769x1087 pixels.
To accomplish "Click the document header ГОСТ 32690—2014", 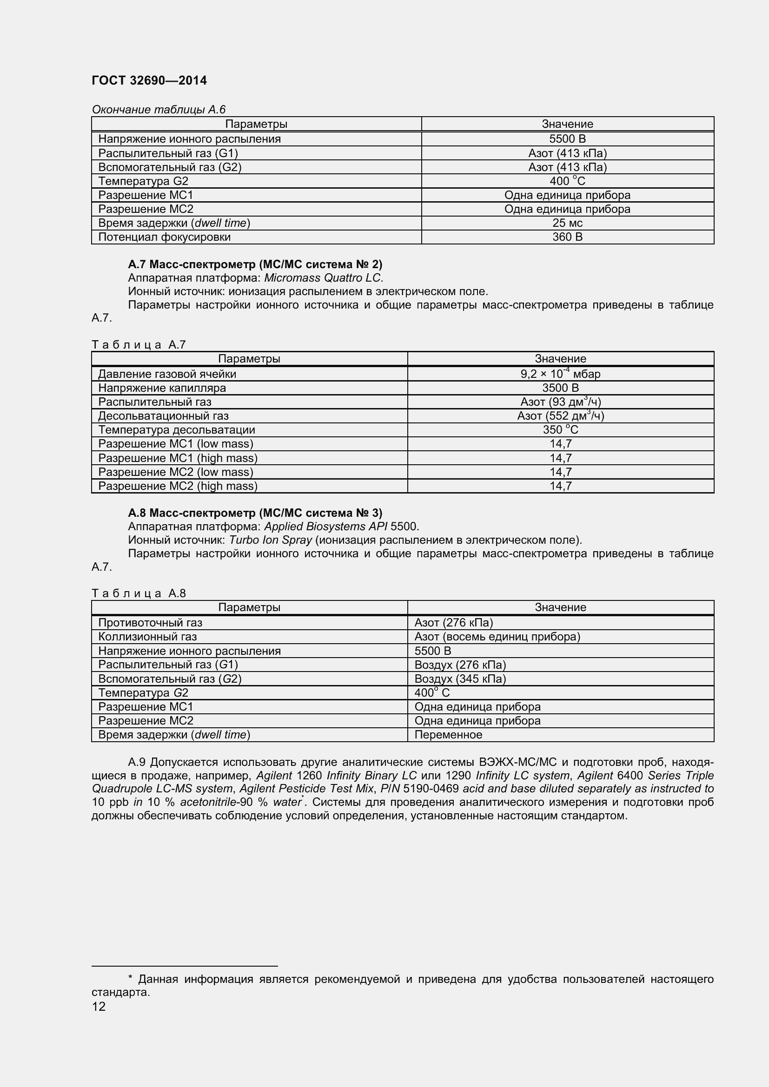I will point(149,80).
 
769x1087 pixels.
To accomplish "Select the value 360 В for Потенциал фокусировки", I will point(567,237).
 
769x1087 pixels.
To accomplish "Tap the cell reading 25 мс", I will point(567,223).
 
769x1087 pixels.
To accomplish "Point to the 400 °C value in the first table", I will point(567,181).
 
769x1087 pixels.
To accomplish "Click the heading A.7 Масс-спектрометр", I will point(255,264).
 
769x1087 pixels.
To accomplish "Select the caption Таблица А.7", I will point(139,345).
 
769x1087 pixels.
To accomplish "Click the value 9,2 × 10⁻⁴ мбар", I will point(560,374).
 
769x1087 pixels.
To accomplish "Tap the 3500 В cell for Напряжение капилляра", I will point(560,388).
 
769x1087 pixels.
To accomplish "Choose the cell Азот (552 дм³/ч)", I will point(560,415).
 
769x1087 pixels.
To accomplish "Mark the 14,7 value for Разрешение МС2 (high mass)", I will point(560,486).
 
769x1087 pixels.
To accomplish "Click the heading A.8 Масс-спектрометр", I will point(255,513).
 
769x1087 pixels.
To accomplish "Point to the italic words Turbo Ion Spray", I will point(271,540).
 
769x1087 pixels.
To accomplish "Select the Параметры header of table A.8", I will point(249,607).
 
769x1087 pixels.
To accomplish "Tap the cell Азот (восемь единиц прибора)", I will point(497,637).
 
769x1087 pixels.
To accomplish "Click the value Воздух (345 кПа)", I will point(460,679).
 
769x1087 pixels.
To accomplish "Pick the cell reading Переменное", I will point(448,735).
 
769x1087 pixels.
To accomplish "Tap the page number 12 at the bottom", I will point(99,1007).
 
